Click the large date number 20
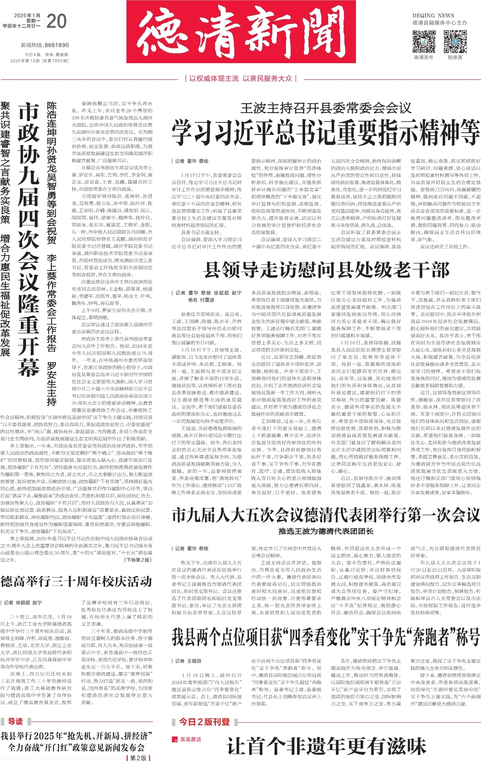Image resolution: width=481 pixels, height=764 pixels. click(x=57, y=21)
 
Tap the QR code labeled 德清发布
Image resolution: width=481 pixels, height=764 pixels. click(x=423, y=41)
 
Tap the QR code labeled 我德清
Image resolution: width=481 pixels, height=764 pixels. click(x=455, y=41)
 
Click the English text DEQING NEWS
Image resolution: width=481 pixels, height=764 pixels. click(x=433, y=15)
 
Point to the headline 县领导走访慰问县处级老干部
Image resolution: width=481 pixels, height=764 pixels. click(x=326, y=270)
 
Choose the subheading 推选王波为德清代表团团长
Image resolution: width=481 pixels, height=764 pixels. click(x=326, y=531)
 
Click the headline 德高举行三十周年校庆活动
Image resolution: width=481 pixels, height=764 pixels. click(x=76, y=581)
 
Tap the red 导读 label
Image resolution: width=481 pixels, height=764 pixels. click(x=15, y=722)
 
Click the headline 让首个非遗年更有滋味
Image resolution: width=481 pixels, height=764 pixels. click(x=326, y=747)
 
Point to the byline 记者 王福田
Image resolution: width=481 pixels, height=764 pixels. click(x=188, y=661)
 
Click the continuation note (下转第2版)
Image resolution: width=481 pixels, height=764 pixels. click(x=137, y=560)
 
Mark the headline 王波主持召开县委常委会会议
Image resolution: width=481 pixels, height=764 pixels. click(x=326, y=108)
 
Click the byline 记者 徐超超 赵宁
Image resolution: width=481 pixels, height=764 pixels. click(x=23, y=602)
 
